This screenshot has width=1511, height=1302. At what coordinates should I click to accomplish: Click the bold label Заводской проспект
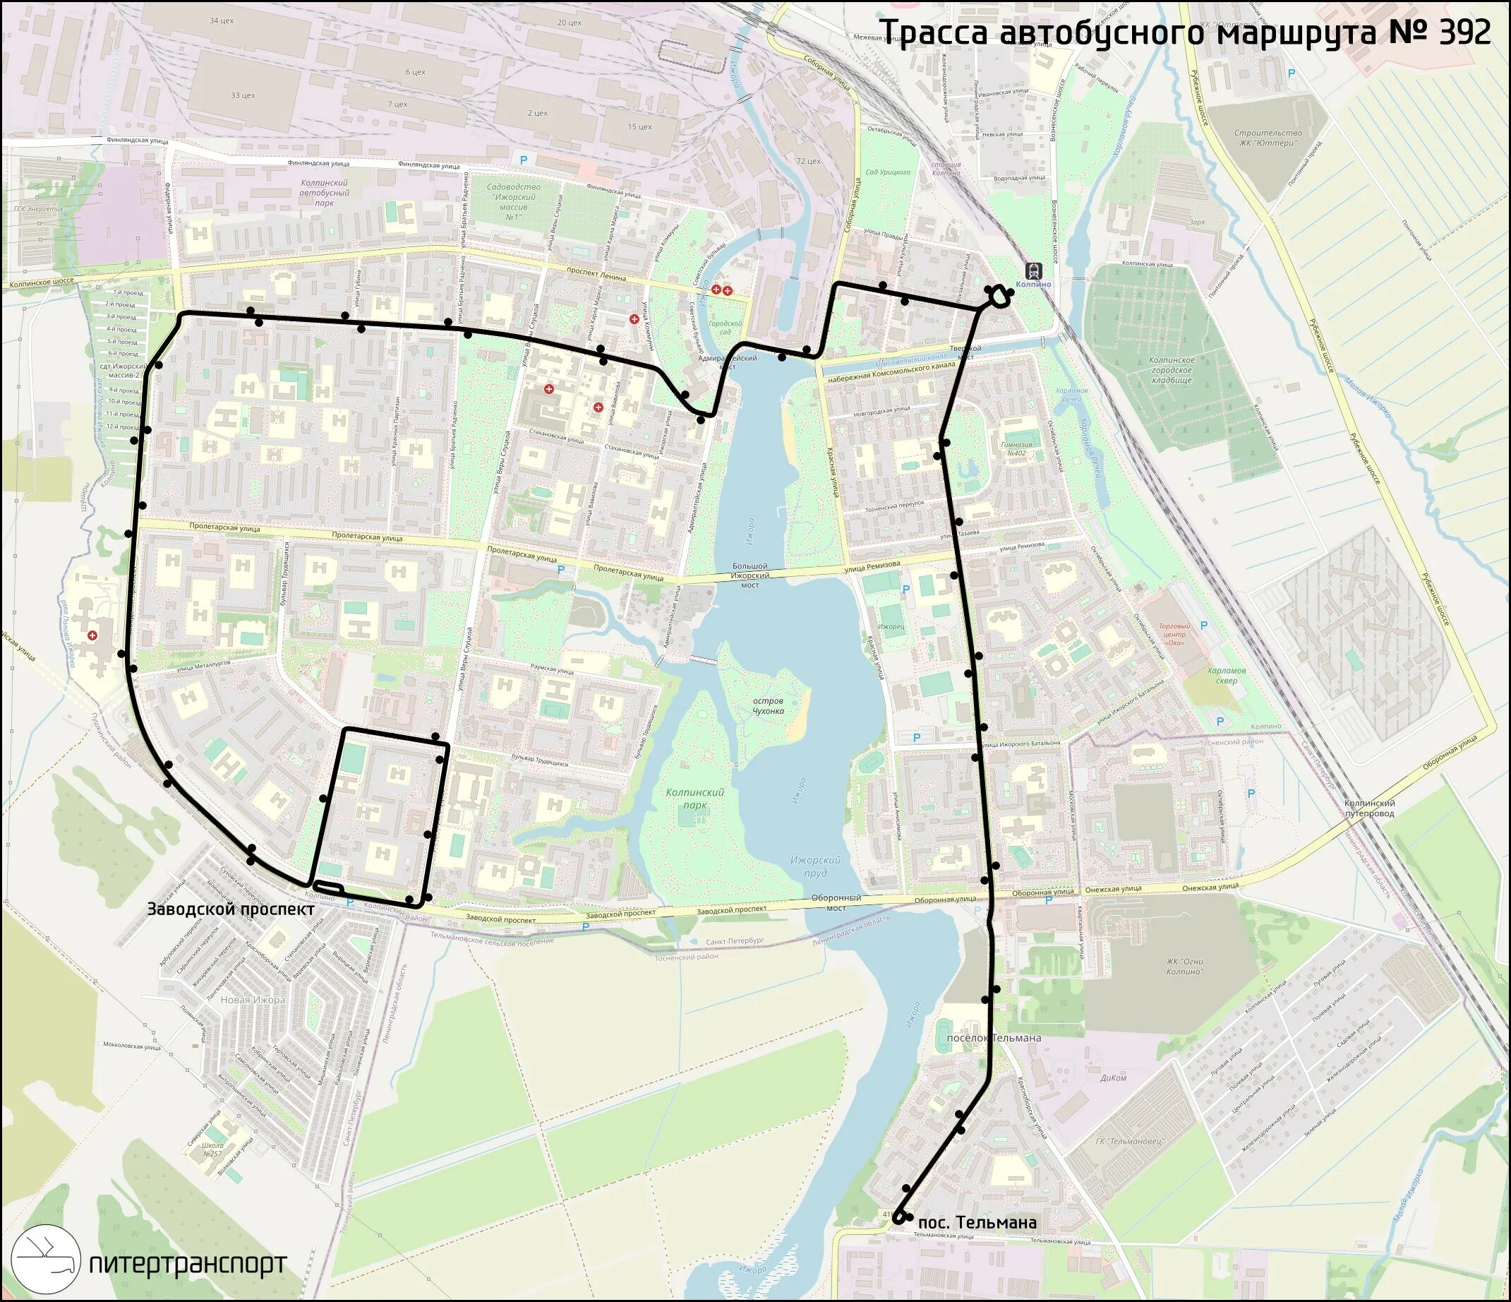pos(231,909)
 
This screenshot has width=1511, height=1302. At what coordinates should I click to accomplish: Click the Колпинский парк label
pos(695,798)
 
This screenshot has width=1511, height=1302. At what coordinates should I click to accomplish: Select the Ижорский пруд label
pos(815,866)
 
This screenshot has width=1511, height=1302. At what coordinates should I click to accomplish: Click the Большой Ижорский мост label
pos(750,576)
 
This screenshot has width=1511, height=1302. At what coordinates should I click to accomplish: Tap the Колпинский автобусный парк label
pos(324,193)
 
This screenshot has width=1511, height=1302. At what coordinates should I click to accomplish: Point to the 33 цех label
pos(242,95)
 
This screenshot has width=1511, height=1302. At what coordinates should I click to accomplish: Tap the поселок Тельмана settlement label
pos(992,1038)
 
